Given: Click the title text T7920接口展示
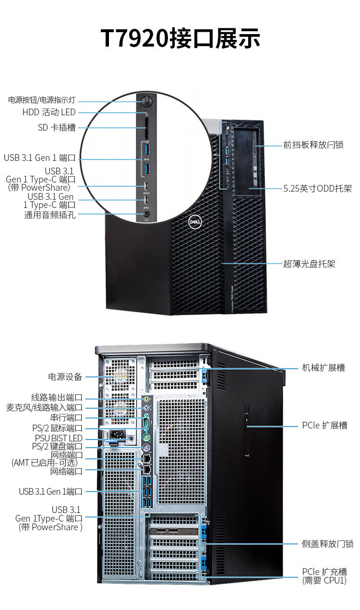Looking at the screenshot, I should pos(180,38).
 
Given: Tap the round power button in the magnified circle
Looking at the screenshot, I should pos(146,101).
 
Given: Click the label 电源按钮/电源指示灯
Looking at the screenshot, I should pos(42,100).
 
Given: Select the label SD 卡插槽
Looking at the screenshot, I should pos(57,128).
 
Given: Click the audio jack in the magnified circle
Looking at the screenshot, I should pos(146,215).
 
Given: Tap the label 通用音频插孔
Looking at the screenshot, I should pos(50,215).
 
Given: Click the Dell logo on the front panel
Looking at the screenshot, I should pos(194,221).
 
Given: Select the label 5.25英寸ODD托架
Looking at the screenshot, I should pos(317,189).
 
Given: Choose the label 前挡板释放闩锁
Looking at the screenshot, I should pos(313,145).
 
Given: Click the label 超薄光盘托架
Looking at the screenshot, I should pos(309,264).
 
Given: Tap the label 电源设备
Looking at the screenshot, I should pos(65,377).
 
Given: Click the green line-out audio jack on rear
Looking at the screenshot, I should pos(147,399).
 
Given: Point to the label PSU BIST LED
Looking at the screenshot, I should pos(59,438).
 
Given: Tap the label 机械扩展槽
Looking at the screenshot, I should pos(323,368).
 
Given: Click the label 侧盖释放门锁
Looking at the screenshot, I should pos(327,544).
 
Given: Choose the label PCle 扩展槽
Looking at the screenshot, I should pos(324,426).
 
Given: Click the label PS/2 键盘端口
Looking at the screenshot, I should pos(57,447).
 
